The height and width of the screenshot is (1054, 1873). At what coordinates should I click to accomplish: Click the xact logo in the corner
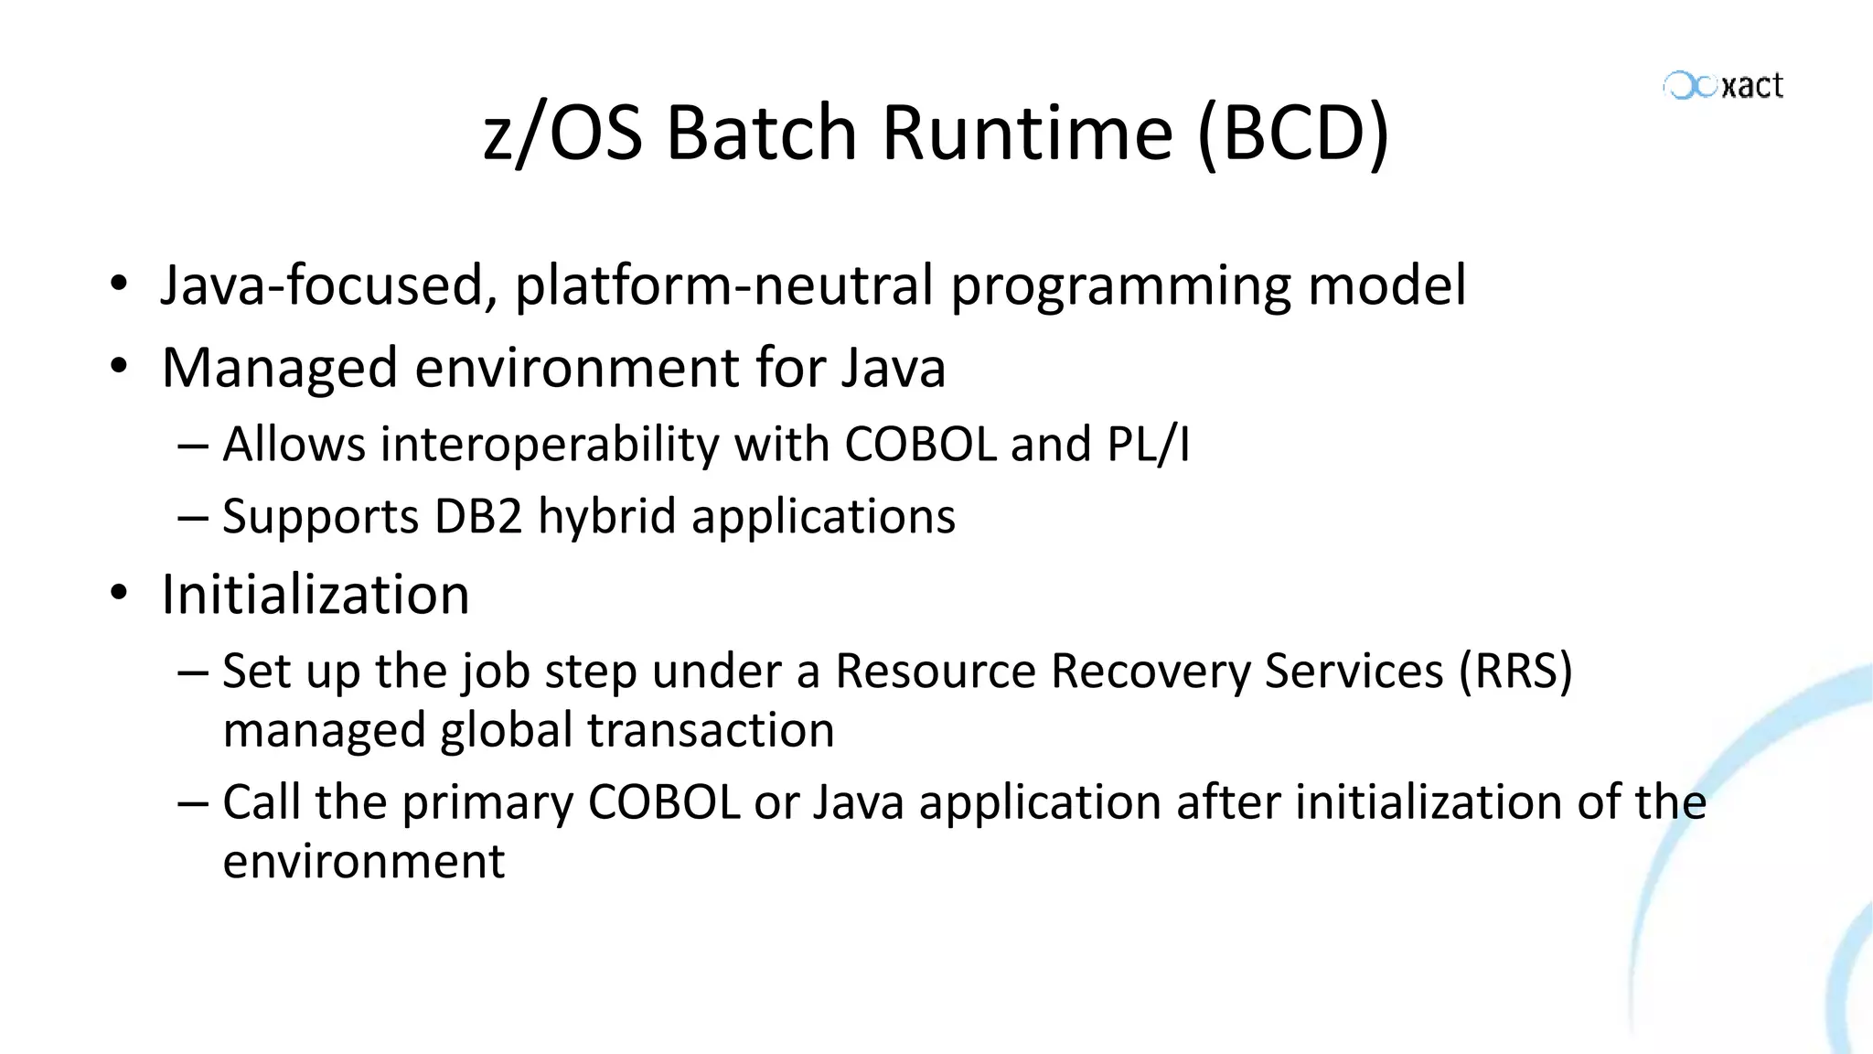pyautogui.click(x=1723, y=86)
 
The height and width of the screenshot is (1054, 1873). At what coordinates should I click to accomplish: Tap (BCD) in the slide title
pyautogui.click(x=1293, y=134)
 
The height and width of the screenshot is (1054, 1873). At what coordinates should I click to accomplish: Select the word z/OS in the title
pyautogui.click(x=562, y=134)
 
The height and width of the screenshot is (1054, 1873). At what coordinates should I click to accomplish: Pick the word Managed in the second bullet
pyautogui.click(x=279, y=368)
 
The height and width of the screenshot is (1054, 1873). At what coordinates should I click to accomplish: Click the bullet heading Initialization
pyautogui.click(x=316, y=595)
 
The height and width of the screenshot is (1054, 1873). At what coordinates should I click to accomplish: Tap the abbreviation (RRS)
pyautogui.click(x=1515, y=671)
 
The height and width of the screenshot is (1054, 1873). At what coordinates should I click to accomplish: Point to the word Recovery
pyautogui.click(x=1150, y=671)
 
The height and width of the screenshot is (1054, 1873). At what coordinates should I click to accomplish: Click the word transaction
pyautogui.click(x=711, y=730)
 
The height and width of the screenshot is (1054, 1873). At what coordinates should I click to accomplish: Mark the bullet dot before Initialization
pyautogui.click(x=118, y=594)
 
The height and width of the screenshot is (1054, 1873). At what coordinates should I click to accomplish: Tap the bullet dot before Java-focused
pyautogui.click(x=118, y=285)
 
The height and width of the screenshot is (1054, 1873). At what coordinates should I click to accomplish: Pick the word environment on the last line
pyautogui.click(x=363, y=861)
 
